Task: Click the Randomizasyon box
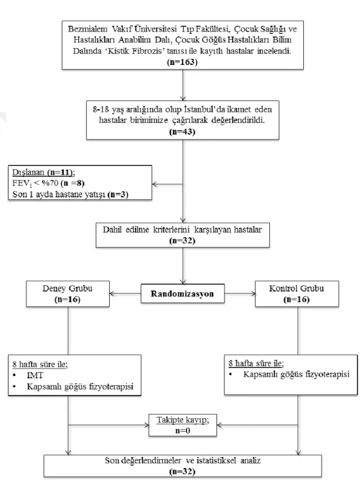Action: point(183,293)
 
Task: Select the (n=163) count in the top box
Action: point(182,62)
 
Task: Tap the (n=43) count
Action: point(182,132)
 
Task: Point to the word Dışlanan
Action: point(28,172)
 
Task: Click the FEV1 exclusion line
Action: point(48,183)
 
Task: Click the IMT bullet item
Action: point(35,375)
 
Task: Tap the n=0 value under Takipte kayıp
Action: point(183,431)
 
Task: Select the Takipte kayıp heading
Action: point(183,420)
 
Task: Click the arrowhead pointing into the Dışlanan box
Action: point(155,184)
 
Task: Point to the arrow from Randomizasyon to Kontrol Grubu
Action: point(240,293)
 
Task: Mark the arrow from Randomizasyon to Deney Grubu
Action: point(125,293)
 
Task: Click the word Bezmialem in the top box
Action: point(88,29)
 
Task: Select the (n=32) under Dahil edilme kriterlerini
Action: point(182,241)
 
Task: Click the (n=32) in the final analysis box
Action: point(182,471)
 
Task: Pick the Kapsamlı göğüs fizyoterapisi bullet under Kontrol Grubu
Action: point(296,374)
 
